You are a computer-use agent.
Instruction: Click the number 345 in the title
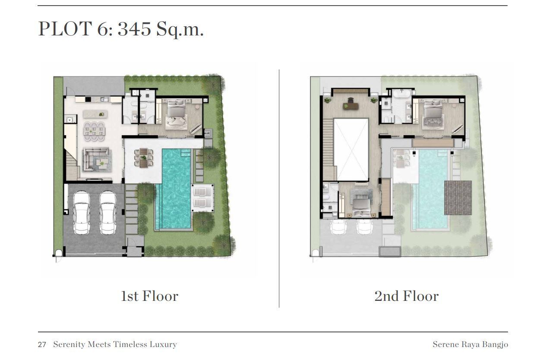(x=134, y=29)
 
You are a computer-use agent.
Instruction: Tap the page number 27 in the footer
(x=42, y=344)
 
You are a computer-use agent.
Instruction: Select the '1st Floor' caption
(x=150, y=296)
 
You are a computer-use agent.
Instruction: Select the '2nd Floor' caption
(x=406, y=296)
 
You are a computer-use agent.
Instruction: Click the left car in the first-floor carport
(x=82, y=213)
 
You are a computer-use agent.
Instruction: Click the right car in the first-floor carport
(x=107, y=213)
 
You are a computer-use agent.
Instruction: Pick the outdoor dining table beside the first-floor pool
(x=144, y=158)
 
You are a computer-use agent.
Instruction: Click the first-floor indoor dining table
(x=94, y=131)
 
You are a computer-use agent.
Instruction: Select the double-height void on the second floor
(x=351, y=150)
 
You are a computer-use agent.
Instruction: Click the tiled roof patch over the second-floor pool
(x=458, y=198)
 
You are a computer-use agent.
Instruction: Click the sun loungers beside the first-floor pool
(x=202, y=198)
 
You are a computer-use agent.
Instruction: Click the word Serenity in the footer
(x=69, y=344)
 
